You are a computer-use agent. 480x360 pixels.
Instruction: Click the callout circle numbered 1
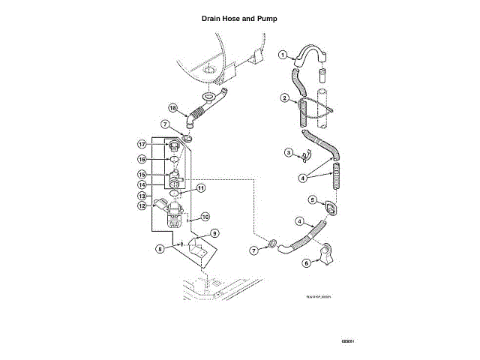(x=283, y=55)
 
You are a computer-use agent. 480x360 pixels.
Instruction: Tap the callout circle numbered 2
(x=285, y=98)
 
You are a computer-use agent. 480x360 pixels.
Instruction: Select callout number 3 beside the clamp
(x=288, y=153)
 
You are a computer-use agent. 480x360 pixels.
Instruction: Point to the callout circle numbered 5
(x=313, y=199)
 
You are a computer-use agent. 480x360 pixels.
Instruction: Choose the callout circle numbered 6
(x=306, y=262)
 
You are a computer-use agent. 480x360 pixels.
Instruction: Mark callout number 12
(x=140, y=205)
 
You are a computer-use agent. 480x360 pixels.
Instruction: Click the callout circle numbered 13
(x=140, y=195)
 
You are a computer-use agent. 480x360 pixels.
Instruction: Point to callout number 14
(x=140, y=184)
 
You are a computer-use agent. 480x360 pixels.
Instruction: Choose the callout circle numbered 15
(x=140, y=174)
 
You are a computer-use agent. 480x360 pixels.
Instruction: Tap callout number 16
(x=140, y=160)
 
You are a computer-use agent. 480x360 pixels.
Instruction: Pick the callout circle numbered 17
(x=140, y=144)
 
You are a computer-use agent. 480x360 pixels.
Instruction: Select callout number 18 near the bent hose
(x=172, y=109)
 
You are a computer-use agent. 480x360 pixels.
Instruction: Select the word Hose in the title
(x=237, y=18)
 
